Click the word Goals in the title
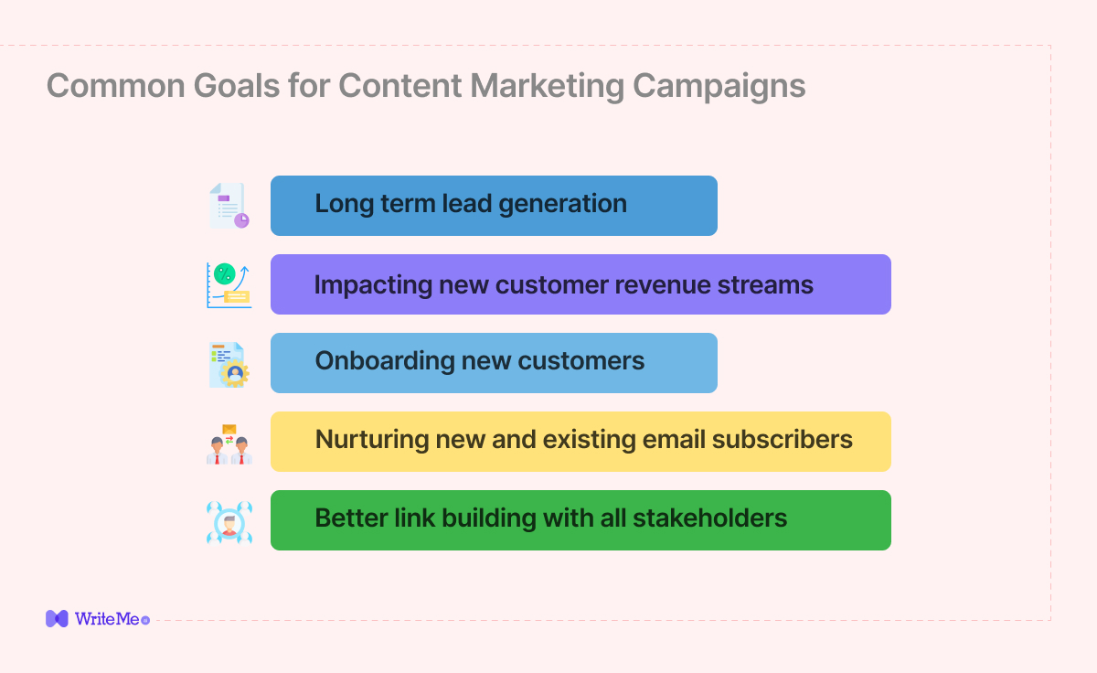point(237,86)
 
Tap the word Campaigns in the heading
point(719,88)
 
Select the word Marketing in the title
point(547,88)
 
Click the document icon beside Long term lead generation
point(229,206)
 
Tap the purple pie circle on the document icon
point(241,220)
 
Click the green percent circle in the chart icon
point(225,274)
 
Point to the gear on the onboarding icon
point(235,373)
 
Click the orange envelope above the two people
point(229,429)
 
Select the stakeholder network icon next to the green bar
point(229,522)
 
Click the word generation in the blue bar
point(563,204)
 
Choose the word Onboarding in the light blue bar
point(385,361)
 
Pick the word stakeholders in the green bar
point(709,518)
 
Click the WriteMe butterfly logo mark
point(57,619)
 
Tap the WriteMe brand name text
point(107,619)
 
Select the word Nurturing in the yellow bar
point(372,440)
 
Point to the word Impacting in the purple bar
point(373,285)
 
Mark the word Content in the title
point(400,86)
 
